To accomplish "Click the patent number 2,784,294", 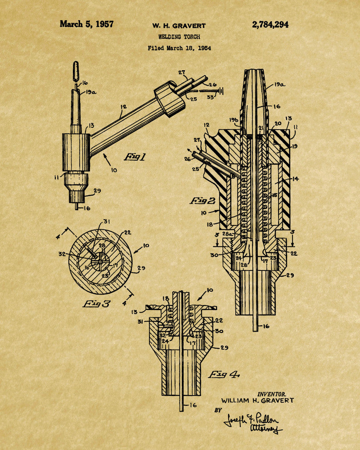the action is point(270,25).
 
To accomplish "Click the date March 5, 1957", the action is point(86,24).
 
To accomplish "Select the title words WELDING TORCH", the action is point(179,37).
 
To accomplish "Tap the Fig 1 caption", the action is point(135,157).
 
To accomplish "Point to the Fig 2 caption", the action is point(202,201).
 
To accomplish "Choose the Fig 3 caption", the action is point(96,304).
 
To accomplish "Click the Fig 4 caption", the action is point(224,374).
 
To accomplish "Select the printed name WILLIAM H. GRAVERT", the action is point(257,400).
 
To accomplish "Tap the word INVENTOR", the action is point(272,394).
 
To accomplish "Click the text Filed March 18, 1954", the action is point(179,48).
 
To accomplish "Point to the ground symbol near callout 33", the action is point(221,91).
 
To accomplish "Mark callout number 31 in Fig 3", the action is point(107,221).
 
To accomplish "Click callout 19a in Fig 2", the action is point(279,85).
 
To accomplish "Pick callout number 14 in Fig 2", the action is point(295,179).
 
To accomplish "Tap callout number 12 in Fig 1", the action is point(123,107).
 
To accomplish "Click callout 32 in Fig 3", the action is point(62,254).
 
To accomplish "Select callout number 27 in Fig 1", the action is point(182,72).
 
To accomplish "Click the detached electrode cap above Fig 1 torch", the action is point(76,71).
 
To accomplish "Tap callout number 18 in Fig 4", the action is point(166,298).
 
